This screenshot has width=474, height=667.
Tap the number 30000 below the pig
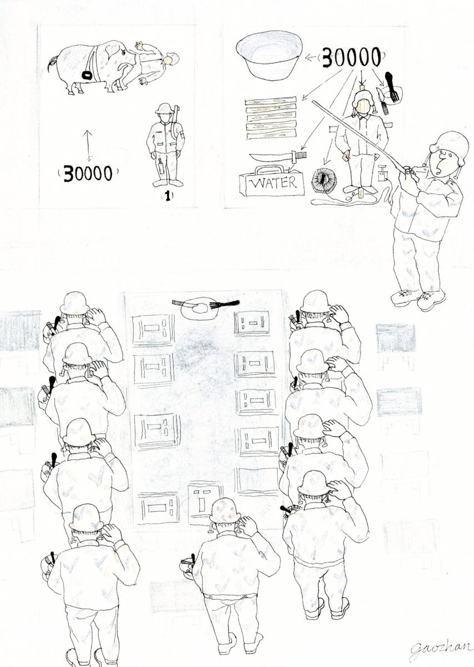coord(88,173)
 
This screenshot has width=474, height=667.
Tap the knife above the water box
coord(278,156)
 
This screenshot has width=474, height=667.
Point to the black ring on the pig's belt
coord(88,76)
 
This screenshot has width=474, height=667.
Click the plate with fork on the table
coord(206,308)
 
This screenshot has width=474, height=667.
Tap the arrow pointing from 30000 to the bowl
coord(312,58)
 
